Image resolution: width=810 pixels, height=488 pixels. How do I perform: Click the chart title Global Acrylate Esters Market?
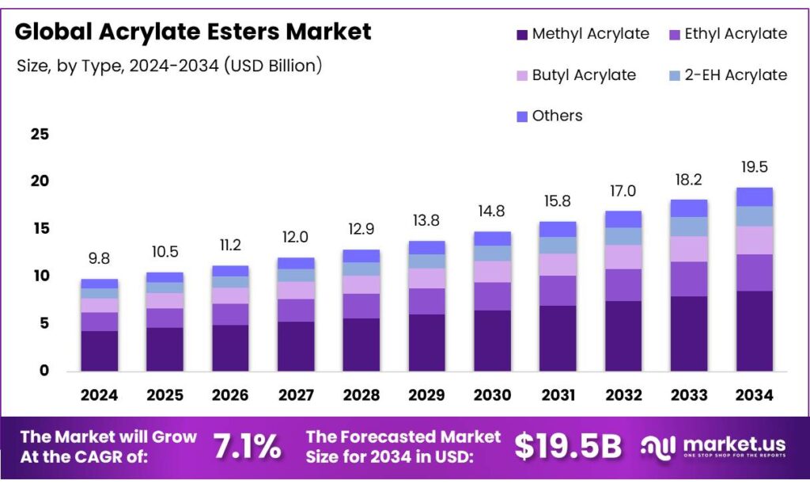193,32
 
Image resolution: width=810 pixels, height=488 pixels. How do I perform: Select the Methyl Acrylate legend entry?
582,34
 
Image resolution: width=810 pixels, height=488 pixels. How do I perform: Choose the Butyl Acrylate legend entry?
575,75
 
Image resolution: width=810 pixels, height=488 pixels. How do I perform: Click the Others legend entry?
548,116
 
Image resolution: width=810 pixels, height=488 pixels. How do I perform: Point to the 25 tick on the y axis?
40,134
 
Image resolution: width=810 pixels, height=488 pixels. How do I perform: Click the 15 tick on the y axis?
40,229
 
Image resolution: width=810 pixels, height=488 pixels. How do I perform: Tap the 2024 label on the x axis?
100,395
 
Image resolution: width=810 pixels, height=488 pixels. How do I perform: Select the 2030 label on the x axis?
492,395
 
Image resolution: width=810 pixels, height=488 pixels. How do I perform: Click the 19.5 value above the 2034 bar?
754,167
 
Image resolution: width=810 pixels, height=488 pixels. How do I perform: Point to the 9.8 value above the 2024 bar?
100,260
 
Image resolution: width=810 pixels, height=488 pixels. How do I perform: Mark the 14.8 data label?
492,212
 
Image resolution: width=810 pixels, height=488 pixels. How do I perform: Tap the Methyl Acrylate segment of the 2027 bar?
296,346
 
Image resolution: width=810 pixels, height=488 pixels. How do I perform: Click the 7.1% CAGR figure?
247,447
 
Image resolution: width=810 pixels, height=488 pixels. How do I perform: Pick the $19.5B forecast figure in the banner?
568,447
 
